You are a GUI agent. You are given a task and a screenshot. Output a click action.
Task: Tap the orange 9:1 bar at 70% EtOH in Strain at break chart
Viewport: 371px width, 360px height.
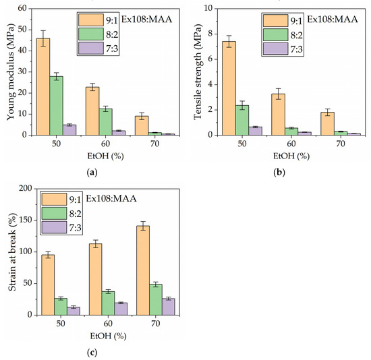pos(142,270)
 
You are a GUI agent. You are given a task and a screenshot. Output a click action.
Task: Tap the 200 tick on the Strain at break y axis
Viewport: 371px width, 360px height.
pos(24,189)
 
